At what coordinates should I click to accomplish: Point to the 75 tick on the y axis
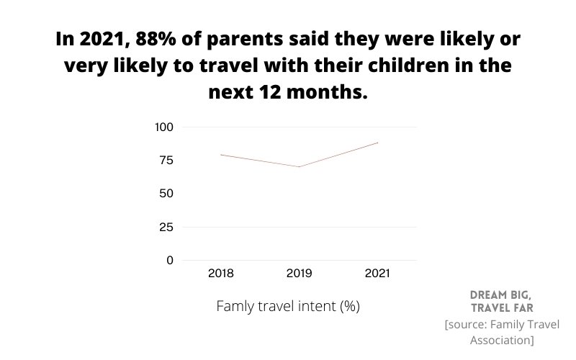point(166,161)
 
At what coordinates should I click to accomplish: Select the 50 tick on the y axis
point(166,194)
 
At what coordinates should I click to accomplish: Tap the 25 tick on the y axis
point(166,227)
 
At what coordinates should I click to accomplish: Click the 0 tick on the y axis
point(170,260)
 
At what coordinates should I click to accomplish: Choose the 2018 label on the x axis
point(220,274)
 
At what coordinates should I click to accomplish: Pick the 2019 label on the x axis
point(299,274)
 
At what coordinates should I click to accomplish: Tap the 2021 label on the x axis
point(377,274)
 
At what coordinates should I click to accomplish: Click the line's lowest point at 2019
point(299,167)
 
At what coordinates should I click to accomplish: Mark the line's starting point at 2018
point(220,155)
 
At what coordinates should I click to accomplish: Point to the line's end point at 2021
point(377,143)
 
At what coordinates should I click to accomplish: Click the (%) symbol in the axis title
point(349,306)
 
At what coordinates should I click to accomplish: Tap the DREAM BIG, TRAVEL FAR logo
point(501,302)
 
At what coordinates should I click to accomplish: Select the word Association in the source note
point(501,340)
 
